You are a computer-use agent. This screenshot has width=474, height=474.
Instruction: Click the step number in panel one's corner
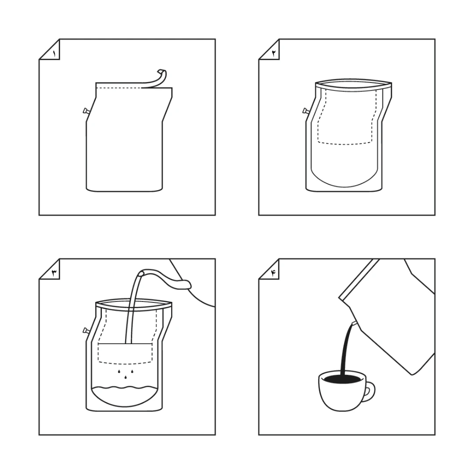click(x=54, y=54)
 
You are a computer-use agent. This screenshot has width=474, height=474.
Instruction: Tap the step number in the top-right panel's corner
click(x=274, y=54)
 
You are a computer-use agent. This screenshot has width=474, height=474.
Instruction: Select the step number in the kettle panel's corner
click(x=55, y=273)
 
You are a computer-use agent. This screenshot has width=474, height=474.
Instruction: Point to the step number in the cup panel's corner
click(x=274, y=273)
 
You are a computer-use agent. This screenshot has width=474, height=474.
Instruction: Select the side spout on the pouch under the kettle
click(x=86, y=331)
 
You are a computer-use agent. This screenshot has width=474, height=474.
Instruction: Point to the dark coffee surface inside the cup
click(x=342, y=379)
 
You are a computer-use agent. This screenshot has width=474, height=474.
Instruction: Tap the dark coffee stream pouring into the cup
click(x=346, y=347)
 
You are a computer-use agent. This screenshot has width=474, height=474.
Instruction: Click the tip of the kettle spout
click(x=141, y=273)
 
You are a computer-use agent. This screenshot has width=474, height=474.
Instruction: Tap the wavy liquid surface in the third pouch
click(x=125, y=388)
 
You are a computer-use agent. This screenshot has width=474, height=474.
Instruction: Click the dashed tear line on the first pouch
click(x=119, y=88)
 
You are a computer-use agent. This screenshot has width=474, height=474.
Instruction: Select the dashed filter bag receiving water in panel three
click(x=125, y=354)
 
